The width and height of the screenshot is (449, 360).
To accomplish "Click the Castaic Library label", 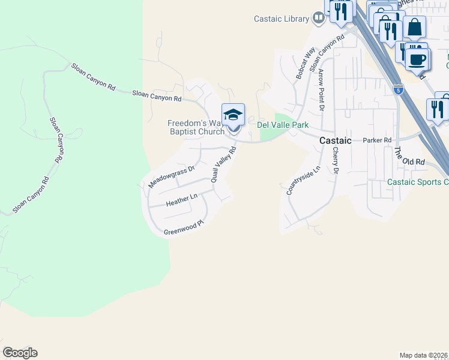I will click(x=280, y=19).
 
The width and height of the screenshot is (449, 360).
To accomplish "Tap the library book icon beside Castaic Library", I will click(x=318, y=19).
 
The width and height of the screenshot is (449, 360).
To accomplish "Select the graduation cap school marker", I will click(x=233, y=115).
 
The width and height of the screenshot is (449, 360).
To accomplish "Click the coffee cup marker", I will click(x=416, y=59).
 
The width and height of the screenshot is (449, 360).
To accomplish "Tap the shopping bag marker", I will click(x=414, y=28).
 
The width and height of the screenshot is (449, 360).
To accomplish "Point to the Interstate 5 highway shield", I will click(x=399, y=90).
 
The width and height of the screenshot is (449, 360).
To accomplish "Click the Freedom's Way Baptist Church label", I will click(x=196, y=128).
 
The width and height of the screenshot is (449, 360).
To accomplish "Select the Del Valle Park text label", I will click(x=282, y=125).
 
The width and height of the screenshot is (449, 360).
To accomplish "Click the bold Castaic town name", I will click(x=335, y=140).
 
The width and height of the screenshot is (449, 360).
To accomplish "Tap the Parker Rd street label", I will click(x=377, y=140).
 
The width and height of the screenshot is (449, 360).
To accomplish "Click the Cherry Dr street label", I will click(x=336, y=161).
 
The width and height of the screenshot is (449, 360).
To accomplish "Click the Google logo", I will click(x=20, y=353).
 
